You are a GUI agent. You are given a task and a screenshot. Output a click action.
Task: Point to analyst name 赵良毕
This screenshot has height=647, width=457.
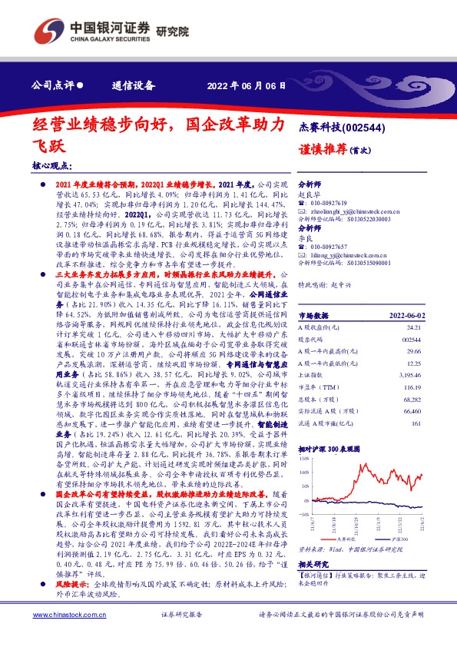[x=309, y=195]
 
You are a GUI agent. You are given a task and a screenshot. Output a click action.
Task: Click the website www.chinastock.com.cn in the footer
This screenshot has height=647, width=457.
[x=65, y=635]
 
